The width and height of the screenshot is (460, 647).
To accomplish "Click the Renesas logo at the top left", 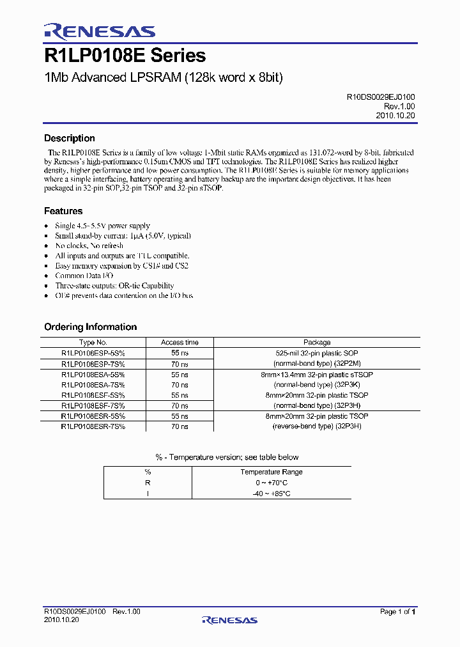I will (99, 31).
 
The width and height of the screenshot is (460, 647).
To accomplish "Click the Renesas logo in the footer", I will (229, 620).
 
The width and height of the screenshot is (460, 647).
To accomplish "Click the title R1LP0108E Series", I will (125, 56).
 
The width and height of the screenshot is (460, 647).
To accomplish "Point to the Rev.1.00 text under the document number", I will (400, 106).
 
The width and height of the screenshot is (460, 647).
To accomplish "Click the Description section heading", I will (69, 138).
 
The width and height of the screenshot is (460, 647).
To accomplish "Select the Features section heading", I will (63, 211).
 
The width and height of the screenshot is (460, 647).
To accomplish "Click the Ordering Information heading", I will (90, 327).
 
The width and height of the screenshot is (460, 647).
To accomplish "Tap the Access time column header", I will (180, 343).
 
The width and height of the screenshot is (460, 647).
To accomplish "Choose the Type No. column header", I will (93, 343).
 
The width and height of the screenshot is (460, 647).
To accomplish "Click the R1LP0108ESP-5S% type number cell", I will (93, 353).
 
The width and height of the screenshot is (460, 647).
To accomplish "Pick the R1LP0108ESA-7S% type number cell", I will (93, 385).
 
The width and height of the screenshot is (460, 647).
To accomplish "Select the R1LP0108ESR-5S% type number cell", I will (93, 416).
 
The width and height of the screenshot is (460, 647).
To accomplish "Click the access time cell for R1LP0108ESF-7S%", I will (180, 405).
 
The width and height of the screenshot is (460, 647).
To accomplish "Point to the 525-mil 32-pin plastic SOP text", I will (317, 353).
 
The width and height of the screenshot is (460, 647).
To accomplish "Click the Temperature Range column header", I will (272, 472).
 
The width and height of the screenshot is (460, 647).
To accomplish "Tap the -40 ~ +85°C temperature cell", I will (272, 494).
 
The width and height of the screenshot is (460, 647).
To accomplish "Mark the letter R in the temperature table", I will (148, 483).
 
